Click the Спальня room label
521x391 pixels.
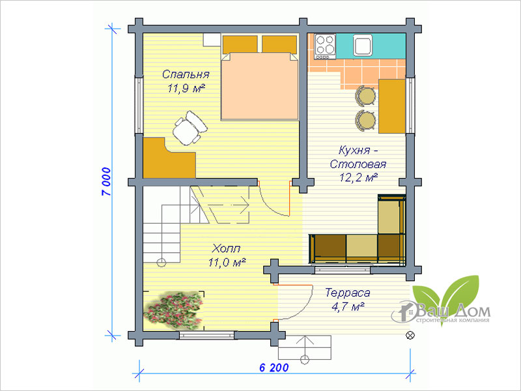pos(186,74)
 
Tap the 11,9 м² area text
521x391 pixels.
pos(186,89)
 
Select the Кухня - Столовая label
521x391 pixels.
pos(358,157)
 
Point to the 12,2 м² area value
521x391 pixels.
pos(359,177)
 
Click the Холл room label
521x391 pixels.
pos(226,248)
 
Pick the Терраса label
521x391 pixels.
pos(347,293)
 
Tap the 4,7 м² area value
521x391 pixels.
pos(347,306)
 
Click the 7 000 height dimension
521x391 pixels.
pos(106,182)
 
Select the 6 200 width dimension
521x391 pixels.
pos(274,368)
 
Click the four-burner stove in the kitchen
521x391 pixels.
pos(324,47)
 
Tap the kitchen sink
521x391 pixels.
pos(362,45)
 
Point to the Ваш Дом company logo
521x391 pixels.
pos(441,302)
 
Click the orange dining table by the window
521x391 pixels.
pos(392,106)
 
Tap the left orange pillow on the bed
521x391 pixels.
pos(240,44)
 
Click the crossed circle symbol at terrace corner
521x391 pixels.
pos(410,335)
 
